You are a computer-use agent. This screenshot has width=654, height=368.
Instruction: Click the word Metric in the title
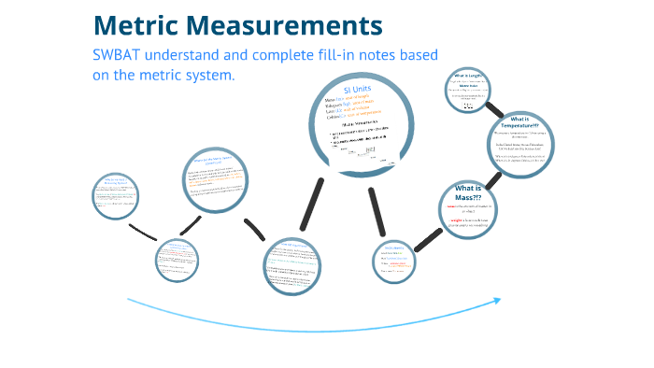click(147, 25)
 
